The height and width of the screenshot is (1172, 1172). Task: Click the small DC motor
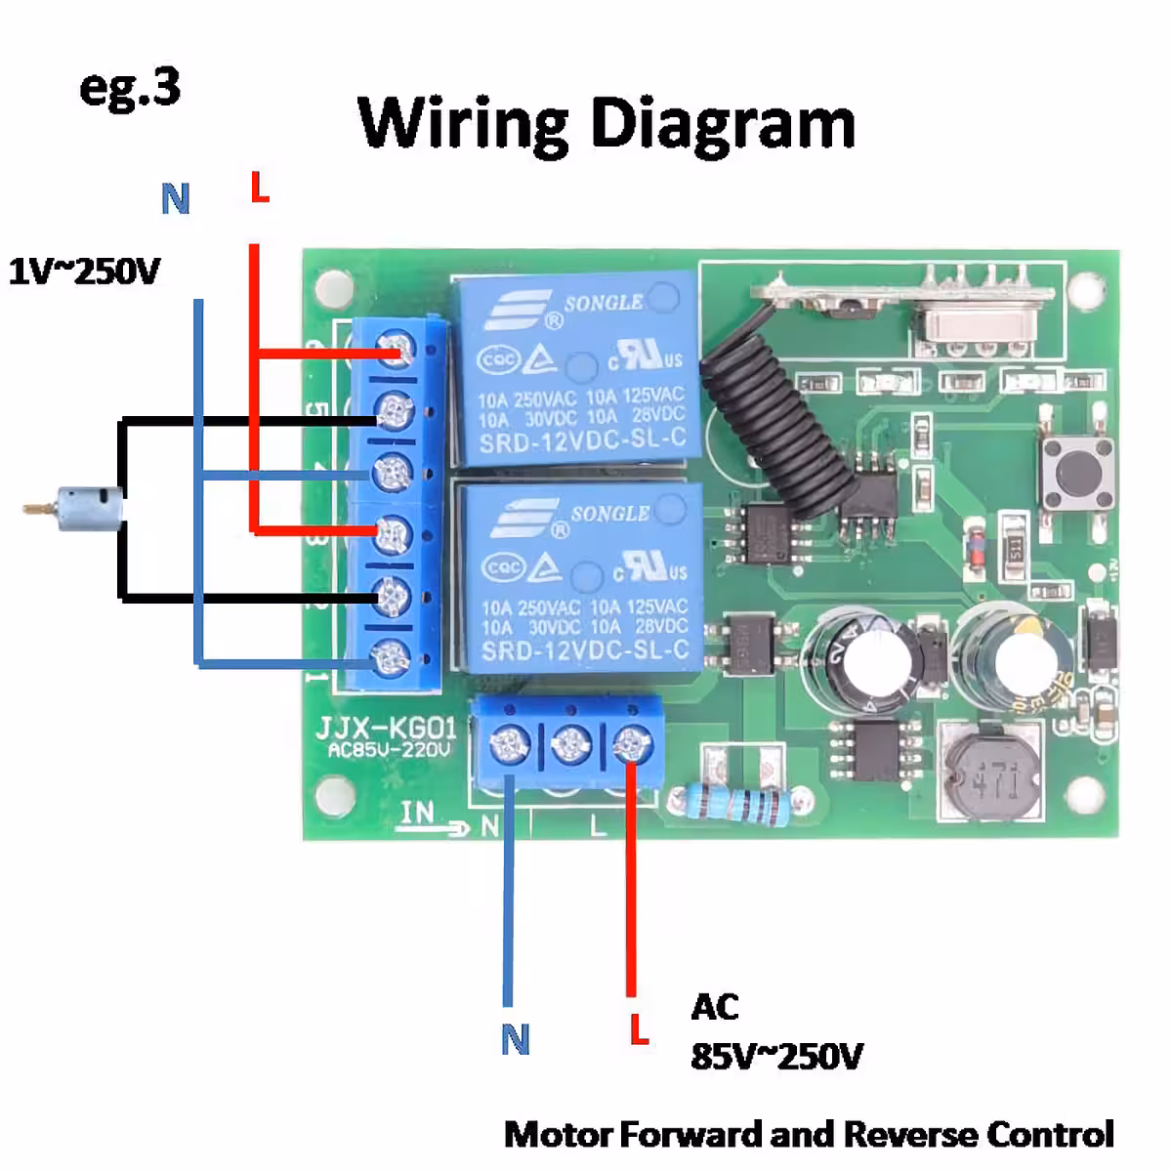click(x=88, y=509)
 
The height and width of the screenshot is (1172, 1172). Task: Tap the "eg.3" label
click(x=130, y=88)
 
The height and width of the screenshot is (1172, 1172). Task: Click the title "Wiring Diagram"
click(x=607, y=123)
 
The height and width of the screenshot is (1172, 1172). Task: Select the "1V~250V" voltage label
click(x=84, y=271)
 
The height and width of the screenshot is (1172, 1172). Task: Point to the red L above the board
click(x=259, y=188)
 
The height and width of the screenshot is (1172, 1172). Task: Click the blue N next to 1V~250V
click(x=175, y=199)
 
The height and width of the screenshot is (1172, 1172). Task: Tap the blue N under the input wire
click(x=515, y=1039)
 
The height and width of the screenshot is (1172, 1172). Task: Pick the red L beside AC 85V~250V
click(x=639, y=1028)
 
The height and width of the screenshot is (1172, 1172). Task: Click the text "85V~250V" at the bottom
click(x=776, y=1056)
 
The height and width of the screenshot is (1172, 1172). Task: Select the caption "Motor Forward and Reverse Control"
click(x=809, y=1135)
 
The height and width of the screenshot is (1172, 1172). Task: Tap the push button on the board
click(x=1078, y=473)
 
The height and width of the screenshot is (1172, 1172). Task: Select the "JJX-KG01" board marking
click(x=385, y=729)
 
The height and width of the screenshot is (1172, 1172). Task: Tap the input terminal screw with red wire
click(x=631, y=746)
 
